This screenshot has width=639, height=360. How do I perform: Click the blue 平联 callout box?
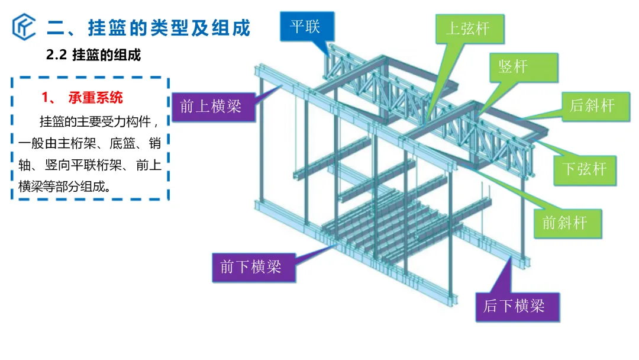307,27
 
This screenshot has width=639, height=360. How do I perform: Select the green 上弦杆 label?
469,29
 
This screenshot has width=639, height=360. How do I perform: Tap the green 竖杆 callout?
524,67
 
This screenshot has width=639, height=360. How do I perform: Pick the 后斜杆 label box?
595,107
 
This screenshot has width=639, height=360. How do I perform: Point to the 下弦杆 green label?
585,170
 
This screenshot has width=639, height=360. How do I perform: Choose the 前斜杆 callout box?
567,223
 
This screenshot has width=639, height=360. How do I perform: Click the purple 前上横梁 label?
214,107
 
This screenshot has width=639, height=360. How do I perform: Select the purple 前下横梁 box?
253,268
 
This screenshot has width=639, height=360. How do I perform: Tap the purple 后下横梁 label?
517,307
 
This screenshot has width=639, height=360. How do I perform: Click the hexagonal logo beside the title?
24,27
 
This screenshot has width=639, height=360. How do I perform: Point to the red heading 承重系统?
95,98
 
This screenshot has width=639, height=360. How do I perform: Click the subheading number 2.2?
56,55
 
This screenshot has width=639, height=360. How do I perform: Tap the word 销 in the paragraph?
155,143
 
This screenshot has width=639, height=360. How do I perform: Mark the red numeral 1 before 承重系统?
45,98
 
